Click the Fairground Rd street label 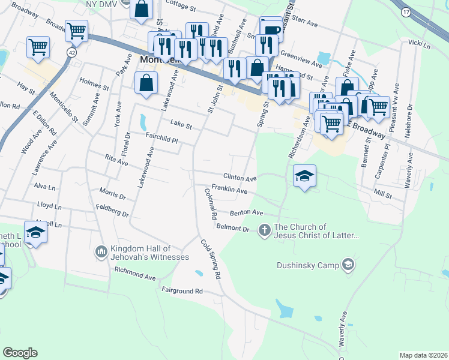pos(182,291)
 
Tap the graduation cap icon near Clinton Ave pos(304,176)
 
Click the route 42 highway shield pos(71,53)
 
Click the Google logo pos(20,353)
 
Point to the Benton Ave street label pos(247,213)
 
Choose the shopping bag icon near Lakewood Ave pos(146,83)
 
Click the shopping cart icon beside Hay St pos(38,46)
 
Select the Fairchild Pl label pos(162,137)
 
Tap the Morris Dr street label pos(113,196)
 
